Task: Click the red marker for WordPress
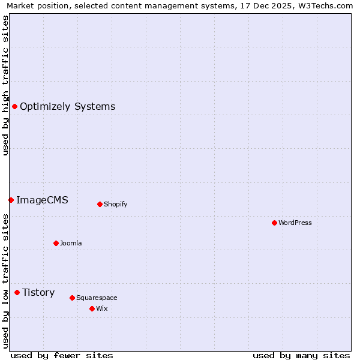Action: point(274,223)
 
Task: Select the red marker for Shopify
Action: point(100,204)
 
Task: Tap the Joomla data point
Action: point(56,243)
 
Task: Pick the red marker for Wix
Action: point(92,308)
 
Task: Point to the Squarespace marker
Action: point(72,298)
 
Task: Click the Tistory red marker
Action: point(17,292)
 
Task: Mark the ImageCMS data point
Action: point(11,200)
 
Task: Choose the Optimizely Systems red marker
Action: point(14,106)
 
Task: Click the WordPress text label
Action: point(295,223)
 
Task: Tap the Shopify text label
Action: point(116,204)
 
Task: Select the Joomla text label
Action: point(71,243)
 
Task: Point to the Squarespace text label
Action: point(97,298)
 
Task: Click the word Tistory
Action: point(38,292)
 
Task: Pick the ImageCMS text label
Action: point(42,200)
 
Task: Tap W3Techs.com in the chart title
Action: point(327,5)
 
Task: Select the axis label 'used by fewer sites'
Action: point(62,355)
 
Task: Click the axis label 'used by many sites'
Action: point(301,355)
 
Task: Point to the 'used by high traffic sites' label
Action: point(5,85)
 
